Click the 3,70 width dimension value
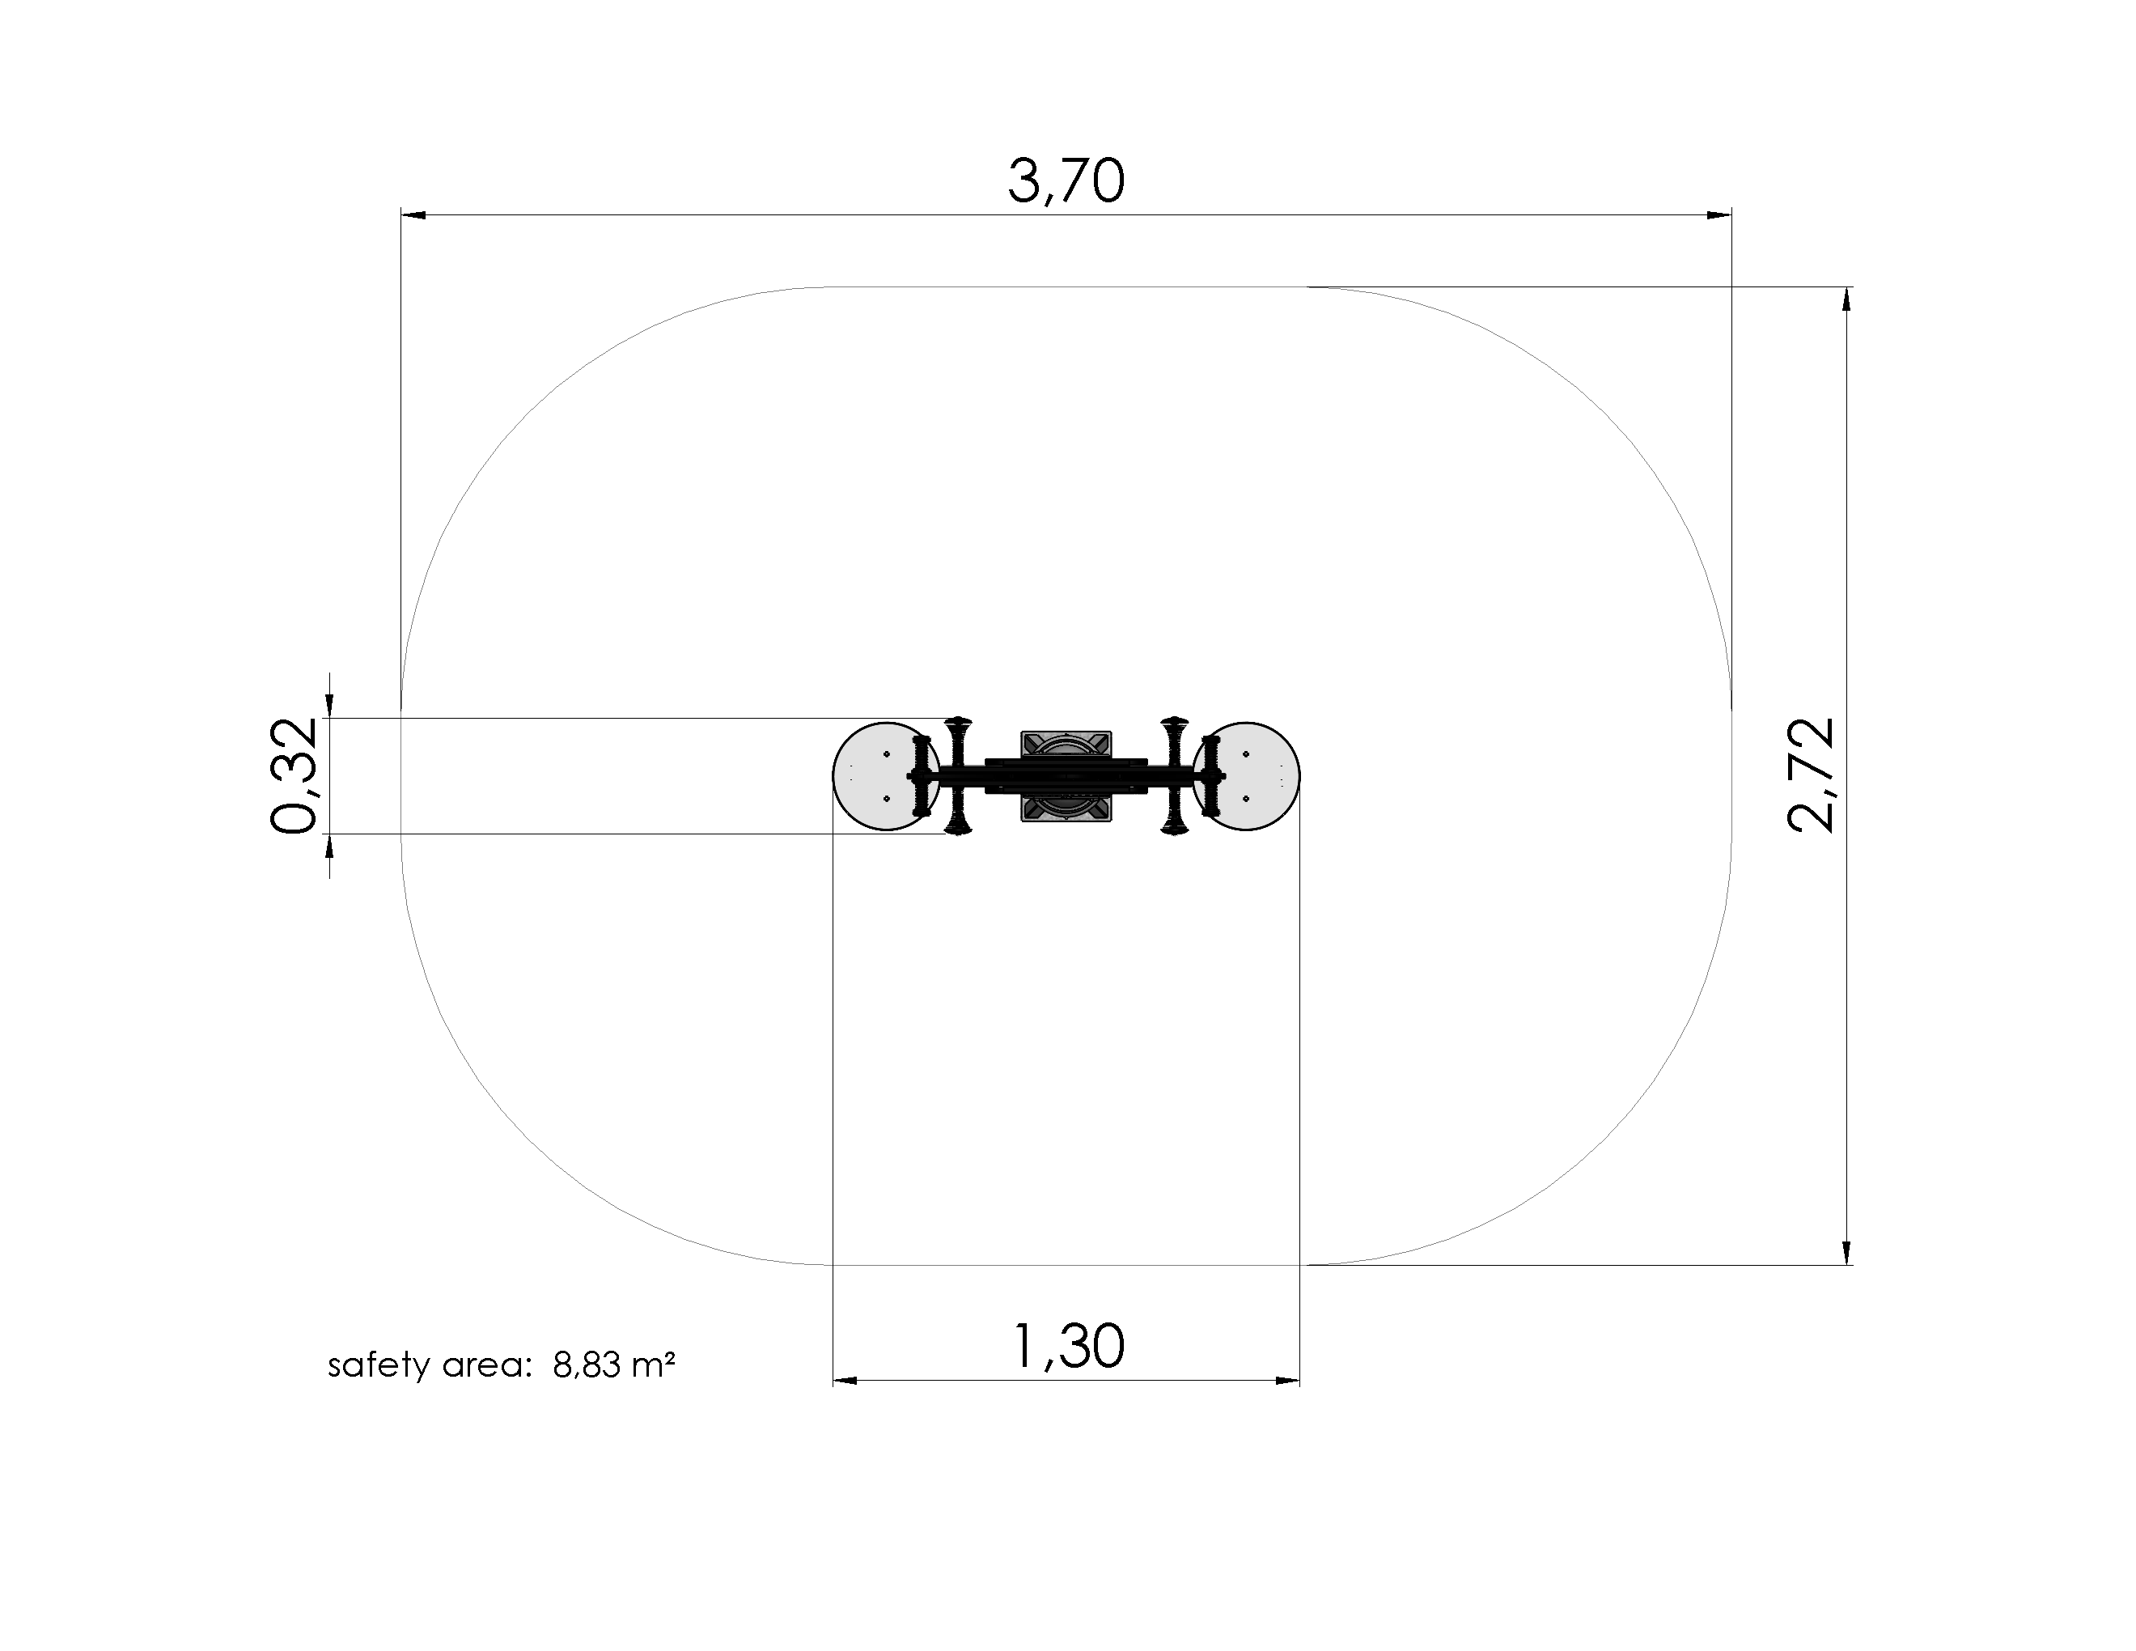coord(1066,182)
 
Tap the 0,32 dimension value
coord(294,775)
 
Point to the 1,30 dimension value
coord(1068,1346)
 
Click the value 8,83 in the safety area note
coord(587,1365)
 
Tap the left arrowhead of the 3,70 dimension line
coord(413,214)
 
